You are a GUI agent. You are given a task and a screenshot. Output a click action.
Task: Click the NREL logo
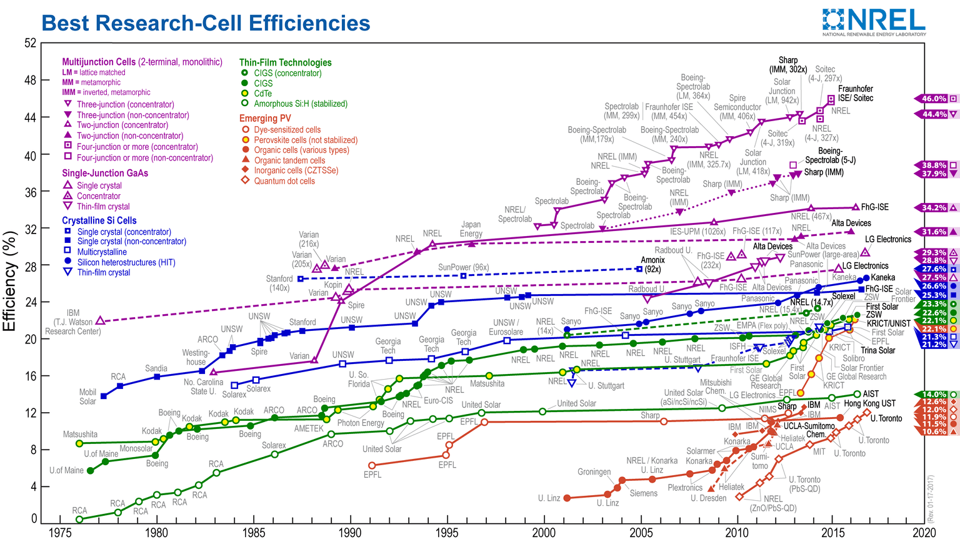coord(874,22)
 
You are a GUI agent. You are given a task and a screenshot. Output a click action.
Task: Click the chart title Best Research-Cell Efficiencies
coord(206,23)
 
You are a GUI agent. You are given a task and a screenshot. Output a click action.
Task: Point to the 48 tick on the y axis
coord(30,81)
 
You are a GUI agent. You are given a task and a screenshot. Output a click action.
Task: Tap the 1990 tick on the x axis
coord(350,532)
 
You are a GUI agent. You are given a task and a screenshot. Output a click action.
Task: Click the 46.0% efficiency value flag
coord(934,99)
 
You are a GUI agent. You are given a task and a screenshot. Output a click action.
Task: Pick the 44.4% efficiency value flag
coord(934,114)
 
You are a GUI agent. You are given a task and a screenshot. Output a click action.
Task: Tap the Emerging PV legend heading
coord(265,119)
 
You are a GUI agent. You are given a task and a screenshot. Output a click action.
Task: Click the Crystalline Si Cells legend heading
coord(99,220)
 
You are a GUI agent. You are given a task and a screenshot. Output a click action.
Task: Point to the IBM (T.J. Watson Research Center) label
coord(73,322)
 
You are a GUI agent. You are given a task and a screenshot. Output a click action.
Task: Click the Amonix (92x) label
coord(652,264)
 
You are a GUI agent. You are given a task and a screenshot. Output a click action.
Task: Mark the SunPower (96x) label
coord(463,267)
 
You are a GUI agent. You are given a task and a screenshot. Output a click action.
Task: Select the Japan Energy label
coord(471,229)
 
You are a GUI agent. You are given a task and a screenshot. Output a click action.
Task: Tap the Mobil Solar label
coord(87,397)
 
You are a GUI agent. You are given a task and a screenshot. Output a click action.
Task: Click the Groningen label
coord(594,472)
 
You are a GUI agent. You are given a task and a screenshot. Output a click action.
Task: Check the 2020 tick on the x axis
coord(924,532)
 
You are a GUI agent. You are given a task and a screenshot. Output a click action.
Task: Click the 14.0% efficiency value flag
coord(934,395)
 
